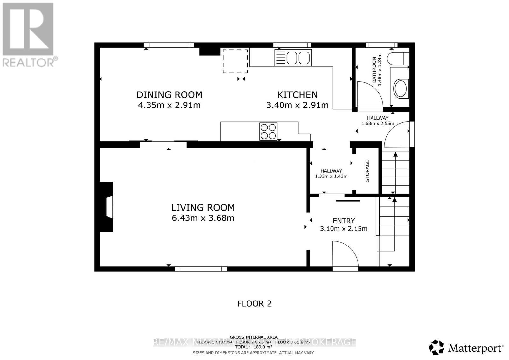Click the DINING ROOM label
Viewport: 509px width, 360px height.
click(169, 95)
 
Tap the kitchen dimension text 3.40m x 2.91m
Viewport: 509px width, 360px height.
click(297, 105)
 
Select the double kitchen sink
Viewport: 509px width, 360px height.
click(293, 58)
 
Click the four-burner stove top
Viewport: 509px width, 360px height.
click(268, 131)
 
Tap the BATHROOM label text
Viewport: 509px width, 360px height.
click(374, 70)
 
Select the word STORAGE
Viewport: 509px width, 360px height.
click(367, 171)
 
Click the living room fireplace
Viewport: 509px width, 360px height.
click(107, 207)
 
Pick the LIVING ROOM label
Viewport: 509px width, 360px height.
click(203, 208)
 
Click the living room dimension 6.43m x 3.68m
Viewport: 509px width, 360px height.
click(203, 218)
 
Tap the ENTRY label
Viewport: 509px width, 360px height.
click(344, 221)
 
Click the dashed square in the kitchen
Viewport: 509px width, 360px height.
click(235, 61)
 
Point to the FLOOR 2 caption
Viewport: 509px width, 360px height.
click(254, 303)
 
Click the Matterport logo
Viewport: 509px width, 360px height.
click(466, 348)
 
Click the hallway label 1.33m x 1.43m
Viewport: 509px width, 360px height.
click(331, 176)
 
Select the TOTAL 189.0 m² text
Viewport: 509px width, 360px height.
click(254, 347)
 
